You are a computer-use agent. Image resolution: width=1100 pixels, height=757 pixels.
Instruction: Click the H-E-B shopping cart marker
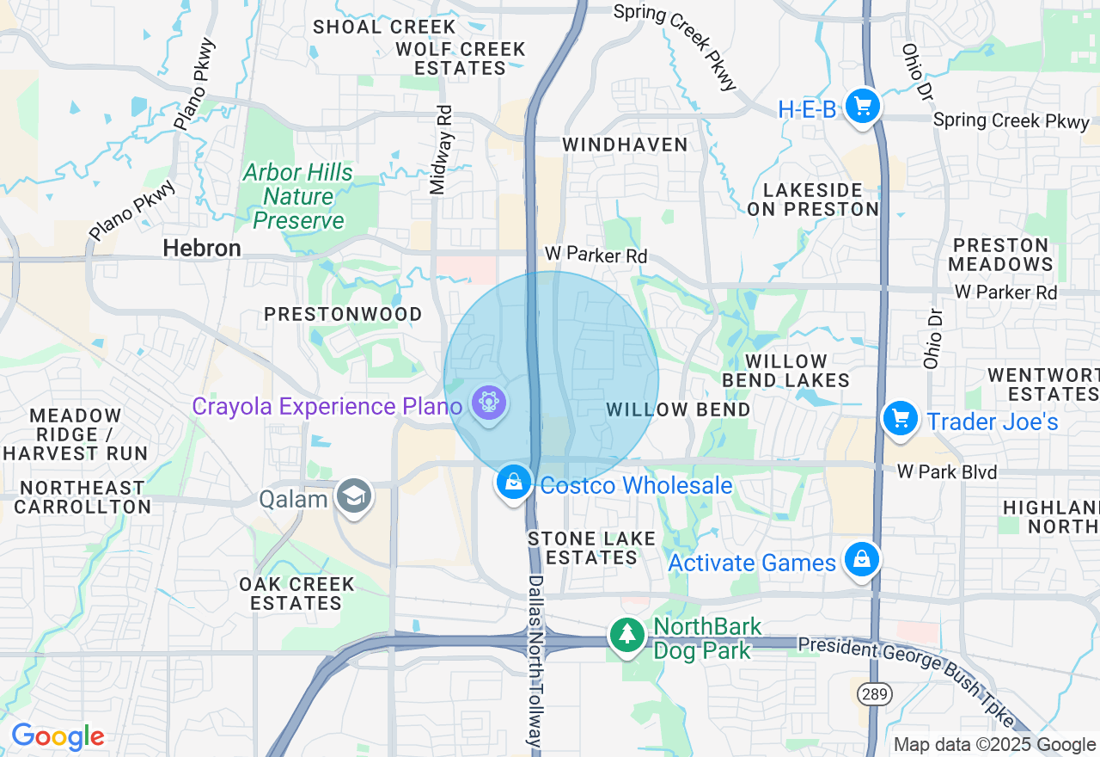[863, 108]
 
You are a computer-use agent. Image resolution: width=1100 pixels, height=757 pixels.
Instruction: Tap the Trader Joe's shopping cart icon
[900, 420]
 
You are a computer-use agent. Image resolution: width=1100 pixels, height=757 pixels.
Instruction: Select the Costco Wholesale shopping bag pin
[513, 483]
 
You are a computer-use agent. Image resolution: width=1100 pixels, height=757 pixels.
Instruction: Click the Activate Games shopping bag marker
[862, 561]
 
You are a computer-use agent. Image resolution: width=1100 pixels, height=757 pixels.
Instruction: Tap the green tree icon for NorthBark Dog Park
[627, 636]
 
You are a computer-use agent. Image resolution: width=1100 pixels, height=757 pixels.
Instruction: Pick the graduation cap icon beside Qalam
[353, 496]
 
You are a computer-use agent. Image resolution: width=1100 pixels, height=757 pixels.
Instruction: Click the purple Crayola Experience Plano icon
[489, 403]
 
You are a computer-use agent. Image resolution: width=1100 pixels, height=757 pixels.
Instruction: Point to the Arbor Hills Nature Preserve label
[298, 196]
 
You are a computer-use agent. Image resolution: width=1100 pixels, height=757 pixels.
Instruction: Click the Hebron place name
[202, 249]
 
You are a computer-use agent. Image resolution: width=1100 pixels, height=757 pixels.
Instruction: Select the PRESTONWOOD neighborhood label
[343, 314]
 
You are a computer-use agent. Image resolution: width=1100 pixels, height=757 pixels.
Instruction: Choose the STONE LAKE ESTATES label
[591, 548]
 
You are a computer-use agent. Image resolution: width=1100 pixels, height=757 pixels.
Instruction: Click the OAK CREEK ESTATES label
[296, 594]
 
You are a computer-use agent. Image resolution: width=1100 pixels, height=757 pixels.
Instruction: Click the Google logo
[58, 736]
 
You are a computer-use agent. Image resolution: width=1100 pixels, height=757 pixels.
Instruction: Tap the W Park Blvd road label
[946, 471]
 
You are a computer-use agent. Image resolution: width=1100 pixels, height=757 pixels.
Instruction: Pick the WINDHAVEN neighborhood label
[625, 145]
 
